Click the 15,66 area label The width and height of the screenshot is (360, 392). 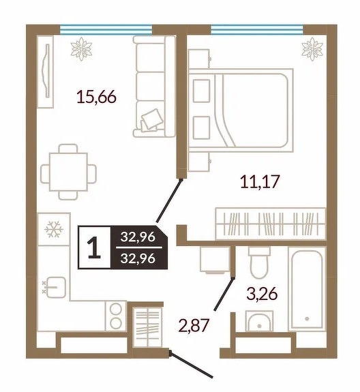(97, 97)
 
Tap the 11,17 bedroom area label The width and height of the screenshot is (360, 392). (260, 181)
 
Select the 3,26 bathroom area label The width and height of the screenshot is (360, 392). (262, 293)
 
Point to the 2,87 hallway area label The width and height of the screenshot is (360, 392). (193, 325)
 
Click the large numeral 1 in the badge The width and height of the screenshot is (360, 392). (94, 247)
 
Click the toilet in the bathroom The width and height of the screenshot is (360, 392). (259, 262)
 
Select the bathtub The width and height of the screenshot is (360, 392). (307, 289)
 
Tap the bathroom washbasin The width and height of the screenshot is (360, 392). (259, 321)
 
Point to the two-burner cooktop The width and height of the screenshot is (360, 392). (116, 316)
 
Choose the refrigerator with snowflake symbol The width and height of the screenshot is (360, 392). (54, 229)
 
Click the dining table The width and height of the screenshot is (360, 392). (68, 172)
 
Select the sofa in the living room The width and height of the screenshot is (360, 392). (154, 87)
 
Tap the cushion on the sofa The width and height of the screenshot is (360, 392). (151, 119)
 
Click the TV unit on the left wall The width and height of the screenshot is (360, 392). (45, 72)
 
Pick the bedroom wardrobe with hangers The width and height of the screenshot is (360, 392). (271, 224)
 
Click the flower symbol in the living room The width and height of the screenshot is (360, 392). (81, 49)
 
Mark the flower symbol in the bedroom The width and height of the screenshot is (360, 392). (312, 49)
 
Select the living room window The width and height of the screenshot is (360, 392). (106, 29)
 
